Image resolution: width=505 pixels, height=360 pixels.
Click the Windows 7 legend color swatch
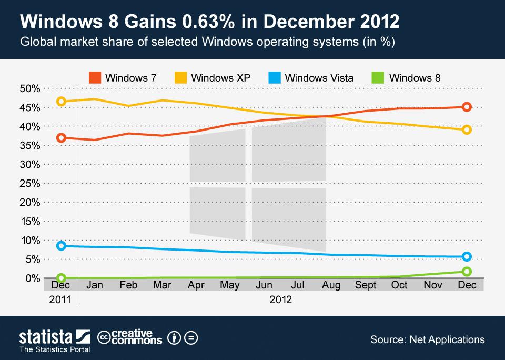click(94, 78)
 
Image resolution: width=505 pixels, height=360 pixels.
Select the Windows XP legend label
click(220, 78)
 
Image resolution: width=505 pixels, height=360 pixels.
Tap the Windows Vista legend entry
click(319, 78)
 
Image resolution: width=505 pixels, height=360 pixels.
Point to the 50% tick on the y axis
click(30, 88)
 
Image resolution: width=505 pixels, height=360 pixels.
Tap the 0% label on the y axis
click(33, 278)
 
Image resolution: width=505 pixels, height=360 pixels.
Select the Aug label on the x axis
click(332, 285)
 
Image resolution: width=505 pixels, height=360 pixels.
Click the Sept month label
click(366, 285)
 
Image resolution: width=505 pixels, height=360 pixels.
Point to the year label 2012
click(280, 299)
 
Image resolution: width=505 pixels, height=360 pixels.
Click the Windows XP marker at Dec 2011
click(61, 101)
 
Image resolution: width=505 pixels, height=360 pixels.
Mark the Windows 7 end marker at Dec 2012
click(466, 107)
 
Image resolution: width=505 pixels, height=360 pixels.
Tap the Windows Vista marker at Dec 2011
click(61, 246)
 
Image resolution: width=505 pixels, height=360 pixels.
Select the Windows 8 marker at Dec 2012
click(466, 272)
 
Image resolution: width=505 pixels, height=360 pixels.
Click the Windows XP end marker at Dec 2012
click(466, 129)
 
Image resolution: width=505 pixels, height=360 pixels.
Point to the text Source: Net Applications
click(427, 339)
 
